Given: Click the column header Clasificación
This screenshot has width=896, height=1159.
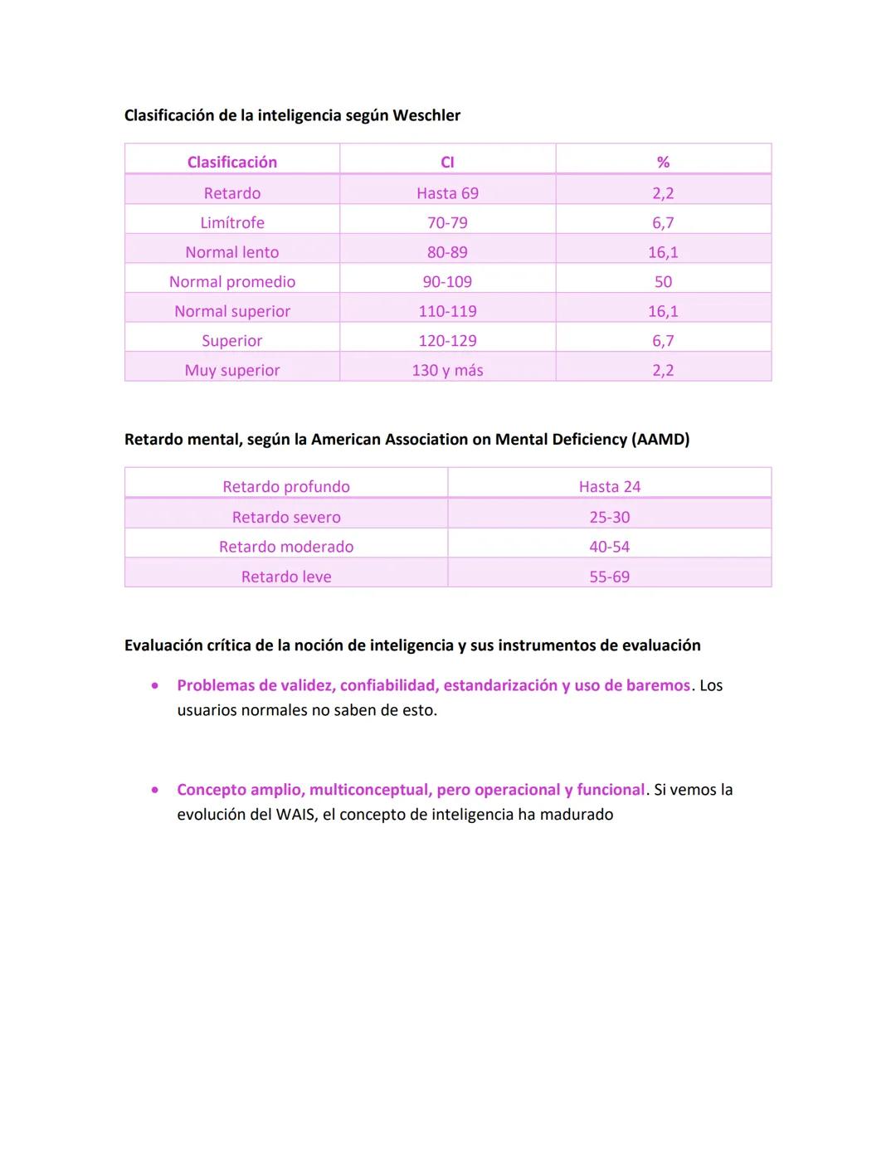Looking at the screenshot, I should click(231, 162).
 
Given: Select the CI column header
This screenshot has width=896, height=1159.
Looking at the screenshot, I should click(447, 162).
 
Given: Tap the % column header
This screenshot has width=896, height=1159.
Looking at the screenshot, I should click(663, 162).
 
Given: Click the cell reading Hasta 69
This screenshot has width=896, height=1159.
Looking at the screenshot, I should click(447, 193).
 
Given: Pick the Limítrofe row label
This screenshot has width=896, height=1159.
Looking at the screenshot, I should click(231, 222).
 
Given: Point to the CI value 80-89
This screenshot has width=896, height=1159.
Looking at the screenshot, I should click(447, 252).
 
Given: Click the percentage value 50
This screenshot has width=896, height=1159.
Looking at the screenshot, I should click(663, 281).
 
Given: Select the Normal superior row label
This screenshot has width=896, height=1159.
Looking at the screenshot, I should click(231, 311).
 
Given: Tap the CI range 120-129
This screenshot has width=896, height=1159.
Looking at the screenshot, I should click(447, 340).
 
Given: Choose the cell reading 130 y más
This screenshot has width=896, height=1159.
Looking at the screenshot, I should click(447, 370).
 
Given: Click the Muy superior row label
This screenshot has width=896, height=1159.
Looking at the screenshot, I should click(231, 370).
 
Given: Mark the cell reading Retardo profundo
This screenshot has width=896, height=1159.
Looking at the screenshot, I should click(286, 487).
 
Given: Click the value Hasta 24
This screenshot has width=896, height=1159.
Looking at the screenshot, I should click(610, 487).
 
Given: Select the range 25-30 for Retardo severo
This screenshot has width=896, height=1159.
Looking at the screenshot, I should click(610, 517).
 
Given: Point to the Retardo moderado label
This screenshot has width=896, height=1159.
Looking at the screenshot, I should click(286, 547).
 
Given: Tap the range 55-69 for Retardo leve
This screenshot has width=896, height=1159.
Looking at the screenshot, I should click(610, 577).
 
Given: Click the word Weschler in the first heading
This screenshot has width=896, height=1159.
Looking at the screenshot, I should click(426, 115).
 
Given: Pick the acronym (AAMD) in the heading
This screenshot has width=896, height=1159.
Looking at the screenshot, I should click(660, 439).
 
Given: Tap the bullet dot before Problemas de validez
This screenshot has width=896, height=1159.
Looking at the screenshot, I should click(155, 686).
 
